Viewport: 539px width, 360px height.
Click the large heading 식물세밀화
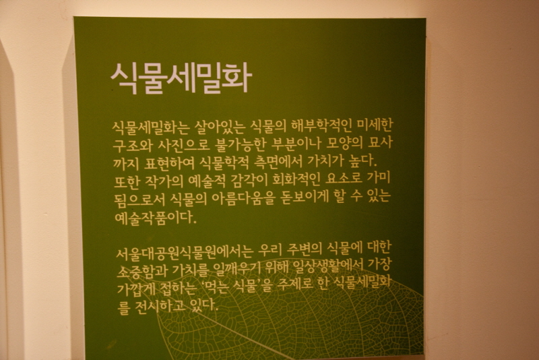pos(181,79)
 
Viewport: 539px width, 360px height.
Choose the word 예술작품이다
pos(156,217)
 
